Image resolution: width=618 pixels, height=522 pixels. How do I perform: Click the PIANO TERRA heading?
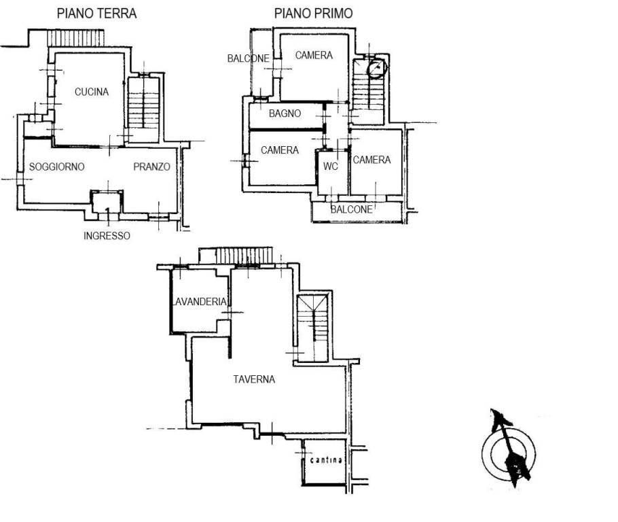point(96,14)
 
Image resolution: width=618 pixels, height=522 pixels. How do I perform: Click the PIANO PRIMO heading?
point(313,14)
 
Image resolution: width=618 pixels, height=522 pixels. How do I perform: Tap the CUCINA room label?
point(92,92)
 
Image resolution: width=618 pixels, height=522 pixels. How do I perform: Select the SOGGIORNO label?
point(57,167)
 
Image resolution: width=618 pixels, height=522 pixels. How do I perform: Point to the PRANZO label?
point(151,167)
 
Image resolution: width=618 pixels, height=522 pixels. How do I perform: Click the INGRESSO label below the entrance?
point(107,236)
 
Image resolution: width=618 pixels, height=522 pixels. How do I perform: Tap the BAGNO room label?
point(285,114)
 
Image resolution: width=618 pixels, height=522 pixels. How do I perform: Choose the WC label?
point(331,167)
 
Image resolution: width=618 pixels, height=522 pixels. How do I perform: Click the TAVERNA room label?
point(254,379)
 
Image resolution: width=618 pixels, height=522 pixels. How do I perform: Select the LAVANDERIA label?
point(200,302)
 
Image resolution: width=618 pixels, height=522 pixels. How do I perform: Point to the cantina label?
point(326,460)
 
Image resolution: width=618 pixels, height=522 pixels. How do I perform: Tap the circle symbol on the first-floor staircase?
point(376,68)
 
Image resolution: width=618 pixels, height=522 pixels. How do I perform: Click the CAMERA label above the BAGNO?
point(314,55)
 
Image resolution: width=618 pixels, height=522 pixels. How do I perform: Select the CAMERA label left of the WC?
point(280,150)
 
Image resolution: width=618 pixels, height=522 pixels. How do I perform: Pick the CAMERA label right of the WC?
point(371,160)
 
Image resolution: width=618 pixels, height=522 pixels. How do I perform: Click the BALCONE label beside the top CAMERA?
point(249,58)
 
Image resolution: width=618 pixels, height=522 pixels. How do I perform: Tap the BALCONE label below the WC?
point(352,209)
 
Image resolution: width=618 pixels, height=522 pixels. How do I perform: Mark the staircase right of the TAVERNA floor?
point(312,328)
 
